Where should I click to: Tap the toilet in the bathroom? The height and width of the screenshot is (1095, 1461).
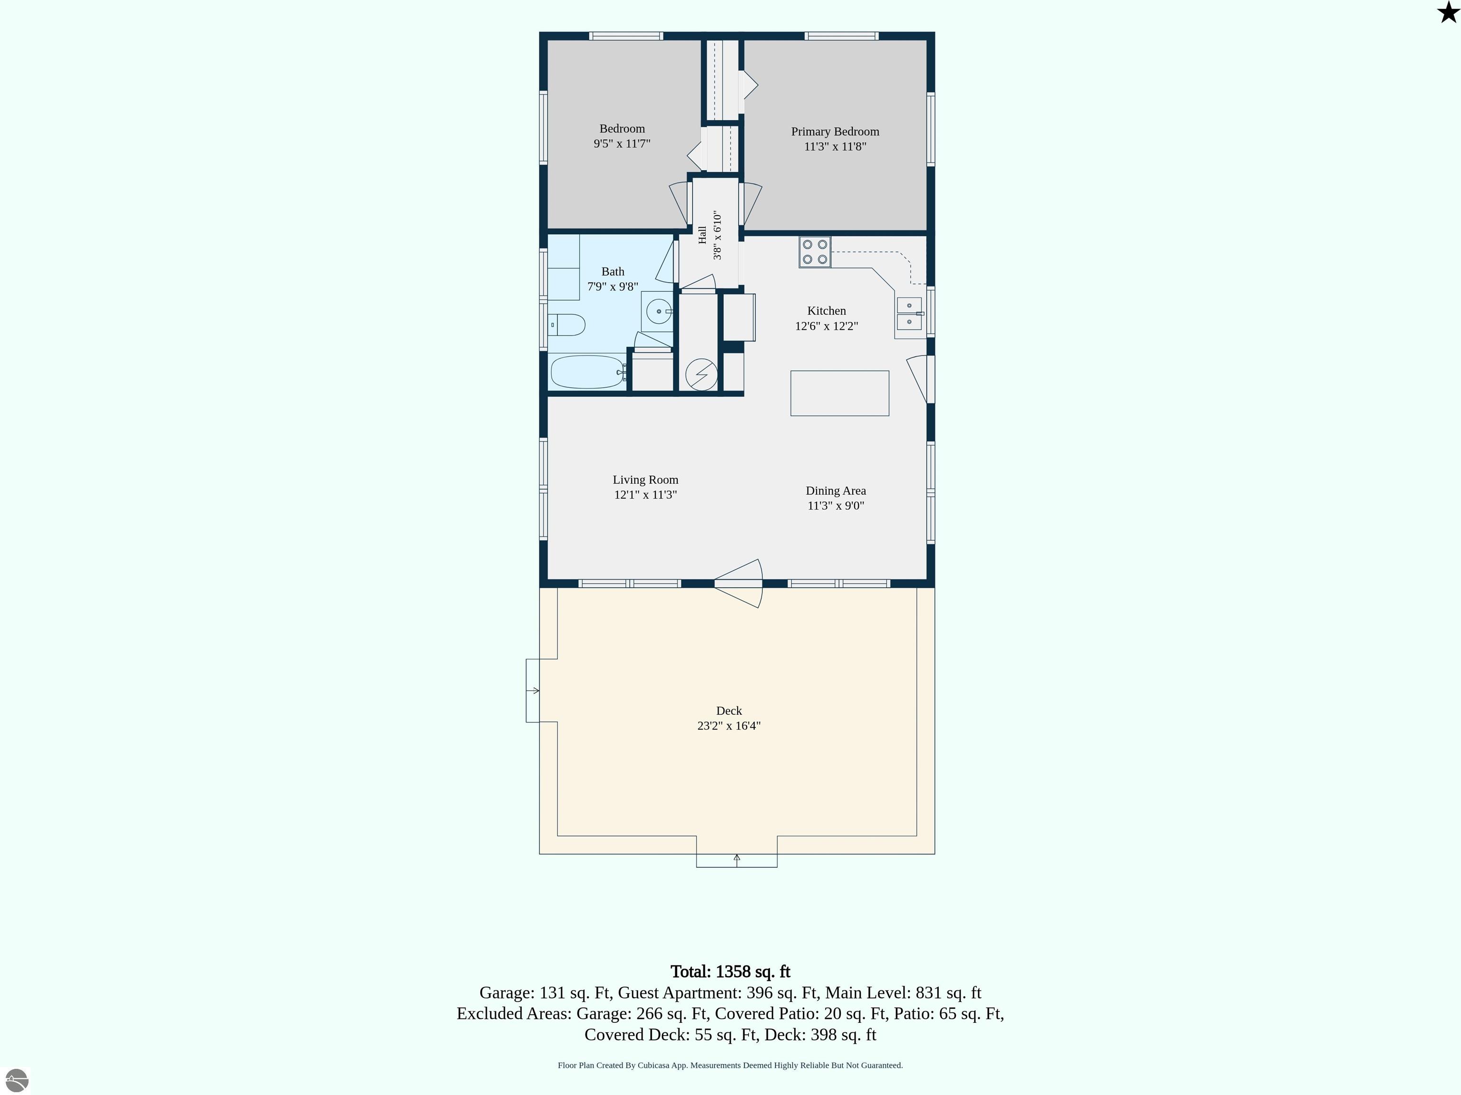coord(567,325)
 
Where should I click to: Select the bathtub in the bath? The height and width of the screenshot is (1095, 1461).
coord(588,372)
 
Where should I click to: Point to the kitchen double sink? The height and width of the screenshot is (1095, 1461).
coord(909,314)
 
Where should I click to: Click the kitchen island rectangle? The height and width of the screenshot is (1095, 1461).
coord(839,394)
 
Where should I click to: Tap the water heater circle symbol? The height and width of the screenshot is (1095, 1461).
coord(701,375)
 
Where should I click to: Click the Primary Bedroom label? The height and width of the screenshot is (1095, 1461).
coord(835,131)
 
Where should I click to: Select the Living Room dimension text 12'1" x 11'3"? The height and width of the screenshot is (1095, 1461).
coord(645,494)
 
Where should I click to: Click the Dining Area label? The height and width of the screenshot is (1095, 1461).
coord(836,490)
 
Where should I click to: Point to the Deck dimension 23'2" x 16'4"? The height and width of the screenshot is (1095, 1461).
coord(729,725)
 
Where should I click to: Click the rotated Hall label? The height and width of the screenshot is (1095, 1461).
coord(702,235)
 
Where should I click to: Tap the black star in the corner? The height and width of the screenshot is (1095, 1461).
coord(1448,12)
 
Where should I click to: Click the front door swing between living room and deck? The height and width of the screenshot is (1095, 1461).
coord(739,584)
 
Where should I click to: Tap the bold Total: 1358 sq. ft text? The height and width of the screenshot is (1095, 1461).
coord(730,971)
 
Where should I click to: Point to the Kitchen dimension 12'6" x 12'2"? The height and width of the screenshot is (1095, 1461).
coord(826,326)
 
